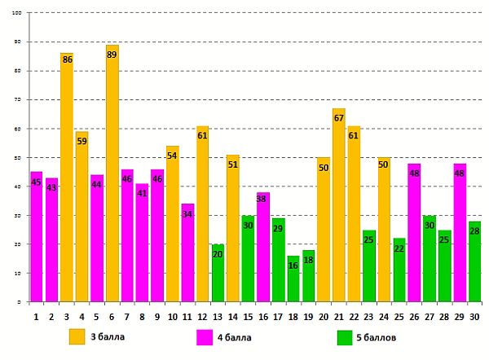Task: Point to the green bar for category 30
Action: (475, 261)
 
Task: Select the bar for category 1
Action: (36, 237)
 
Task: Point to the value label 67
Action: (339, 118)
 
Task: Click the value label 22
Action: (399, 248)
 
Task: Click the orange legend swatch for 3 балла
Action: (77, 336)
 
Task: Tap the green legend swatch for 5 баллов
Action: (345, 336)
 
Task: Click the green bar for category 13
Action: (218, 274)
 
